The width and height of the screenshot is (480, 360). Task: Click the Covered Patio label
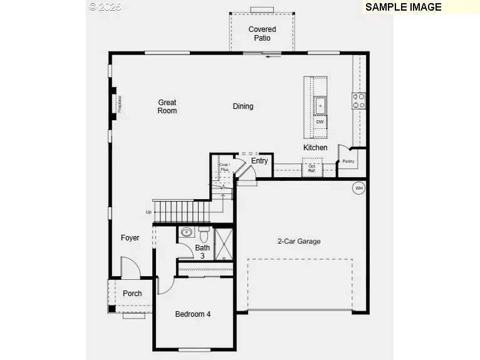pyautogui.click(x=262, y=33)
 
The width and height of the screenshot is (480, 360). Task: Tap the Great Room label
pyautogui.click(x=167, y=106)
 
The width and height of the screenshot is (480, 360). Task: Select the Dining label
pyautogui.click(x=243, y=106)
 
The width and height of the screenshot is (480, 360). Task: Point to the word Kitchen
pyautogui.click(x=315, y=148)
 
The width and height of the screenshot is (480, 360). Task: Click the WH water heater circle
pyautogui.click(x=359, y=188)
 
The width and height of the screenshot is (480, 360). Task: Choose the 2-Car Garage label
pyautogui.click(x=299, y=241)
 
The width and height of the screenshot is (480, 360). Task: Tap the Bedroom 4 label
pyautogui.click(x=192, y=314)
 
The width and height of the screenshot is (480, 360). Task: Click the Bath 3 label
pyautogui.click(x=202, y=252)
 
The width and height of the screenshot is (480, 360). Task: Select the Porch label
pyautogui.click(x=132, y=294)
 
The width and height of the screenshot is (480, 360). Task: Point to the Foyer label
pyautogui.click(x=130, y=238)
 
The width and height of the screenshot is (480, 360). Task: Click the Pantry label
pyautogui.click(x=348, y=161)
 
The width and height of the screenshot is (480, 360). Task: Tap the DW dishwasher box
pyautogui.click(x=320, y=121)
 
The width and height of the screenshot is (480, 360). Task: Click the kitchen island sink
pyautogui.click(x=320, y=105)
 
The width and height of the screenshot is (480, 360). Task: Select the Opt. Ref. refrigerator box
pyautogui.click(x=311, y=168)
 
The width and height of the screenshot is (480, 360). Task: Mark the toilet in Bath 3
pyautogui.click(x=204, y=235)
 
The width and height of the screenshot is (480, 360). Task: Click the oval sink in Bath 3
pyautogui.click(x=186, y=232)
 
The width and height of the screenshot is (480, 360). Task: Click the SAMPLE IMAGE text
pyautogui.click(x=403, y=8)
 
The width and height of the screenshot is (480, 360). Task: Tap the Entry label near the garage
pyautogui.click(x=259, y=161)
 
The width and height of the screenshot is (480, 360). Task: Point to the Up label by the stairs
pyautogui.click(x=149, y=212)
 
